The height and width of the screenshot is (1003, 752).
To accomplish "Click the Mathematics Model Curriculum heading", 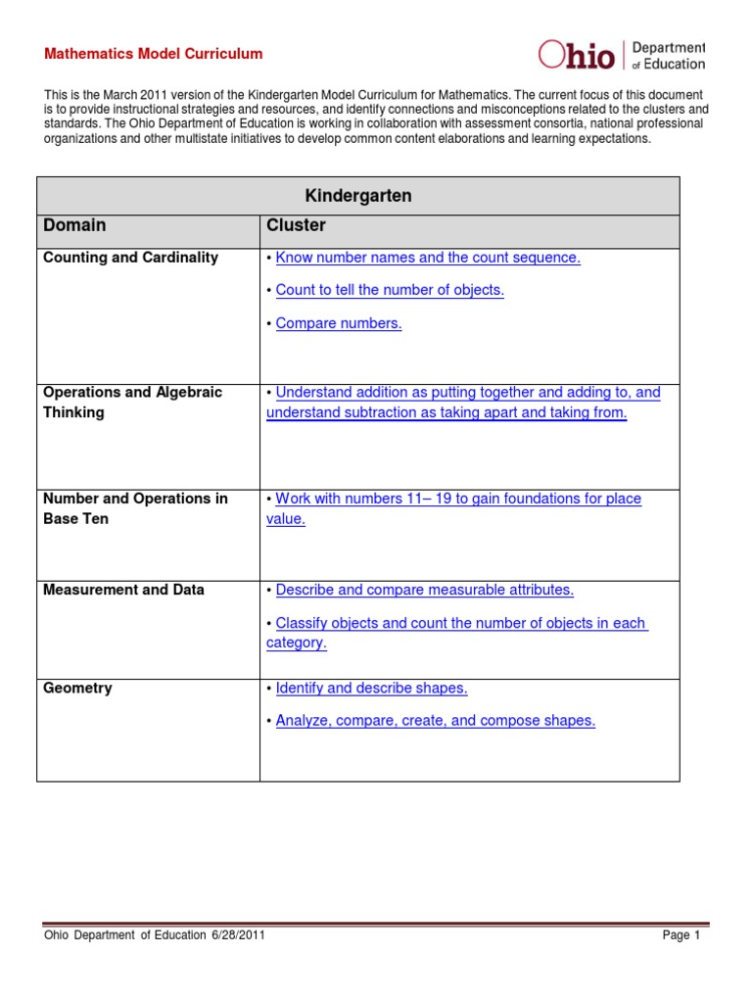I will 153,54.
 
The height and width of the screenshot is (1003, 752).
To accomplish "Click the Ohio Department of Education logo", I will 621,56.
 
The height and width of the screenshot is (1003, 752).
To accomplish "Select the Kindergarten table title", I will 358,196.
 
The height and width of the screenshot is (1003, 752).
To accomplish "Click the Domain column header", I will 74,225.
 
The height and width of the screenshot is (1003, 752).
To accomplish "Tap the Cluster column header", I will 296,225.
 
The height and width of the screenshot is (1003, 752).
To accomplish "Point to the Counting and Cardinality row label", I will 130,258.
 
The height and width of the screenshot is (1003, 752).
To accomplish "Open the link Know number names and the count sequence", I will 428,258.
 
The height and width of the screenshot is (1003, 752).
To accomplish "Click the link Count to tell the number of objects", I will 390,290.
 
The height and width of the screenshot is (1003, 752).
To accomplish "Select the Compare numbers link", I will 339,323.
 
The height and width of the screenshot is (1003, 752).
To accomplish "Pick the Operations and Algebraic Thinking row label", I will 132,402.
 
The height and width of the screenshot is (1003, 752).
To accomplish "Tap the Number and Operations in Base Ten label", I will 135,508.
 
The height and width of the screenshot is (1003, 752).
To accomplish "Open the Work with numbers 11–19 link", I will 458,499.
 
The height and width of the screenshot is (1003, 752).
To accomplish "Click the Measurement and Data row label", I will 123,590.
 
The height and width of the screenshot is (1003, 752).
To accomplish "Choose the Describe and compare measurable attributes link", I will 424,590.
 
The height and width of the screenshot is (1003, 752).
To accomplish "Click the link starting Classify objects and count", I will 461,623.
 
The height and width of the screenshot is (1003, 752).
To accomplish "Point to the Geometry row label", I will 77,688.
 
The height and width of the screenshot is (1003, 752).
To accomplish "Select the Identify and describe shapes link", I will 371,688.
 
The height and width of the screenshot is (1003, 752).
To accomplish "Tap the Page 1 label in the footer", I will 681,935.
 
